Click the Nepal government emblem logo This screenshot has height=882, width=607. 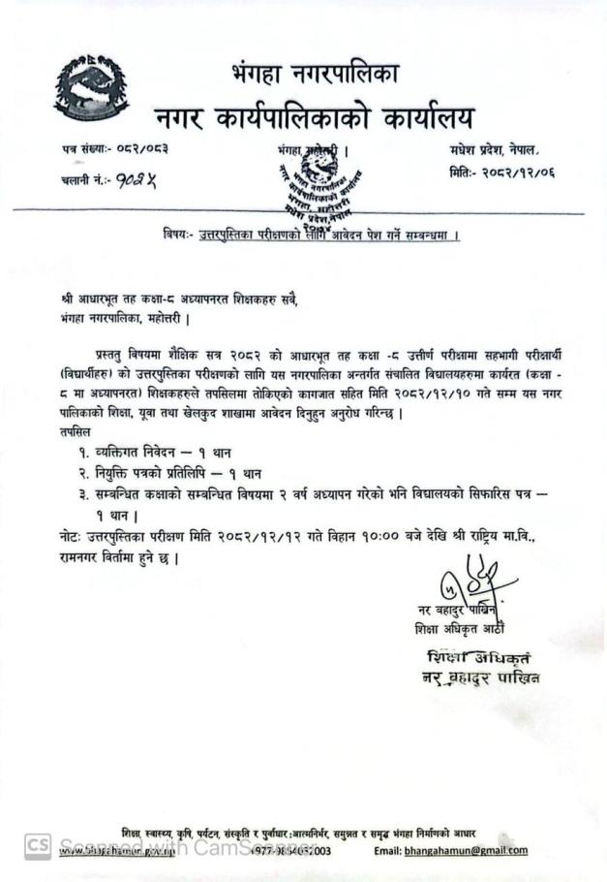click(91, 88)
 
